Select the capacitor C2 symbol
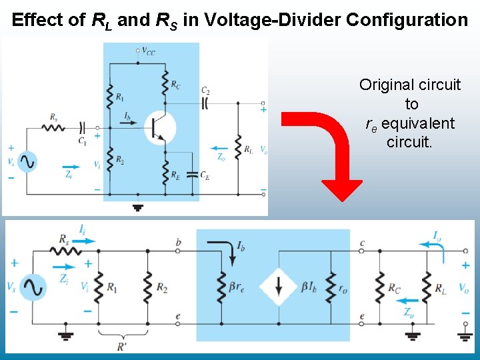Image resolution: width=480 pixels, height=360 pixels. [x=205, y=103]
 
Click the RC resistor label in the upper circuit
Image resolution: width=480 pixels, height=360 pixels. [x=175, y=84]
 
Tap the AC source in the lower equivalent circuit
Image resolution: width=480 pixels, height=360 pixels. [x=32, y=287]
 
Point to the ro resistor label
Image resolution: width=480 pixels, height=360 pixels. [x=343, y=288]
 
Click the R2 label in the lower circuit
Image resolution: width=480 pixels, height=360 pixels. [x=162, y=287]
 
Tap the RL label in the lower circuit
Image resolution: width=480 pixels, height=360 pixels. [x=440, y=289]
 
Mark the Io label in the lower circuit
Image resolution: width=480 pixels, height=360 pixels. [x=435, y=235]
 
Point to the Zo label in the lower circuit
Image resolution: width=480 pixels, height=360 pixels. [x=409, y=311]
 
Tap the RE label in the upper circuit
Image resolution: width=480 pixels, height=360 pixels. [x=175, y=177]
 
